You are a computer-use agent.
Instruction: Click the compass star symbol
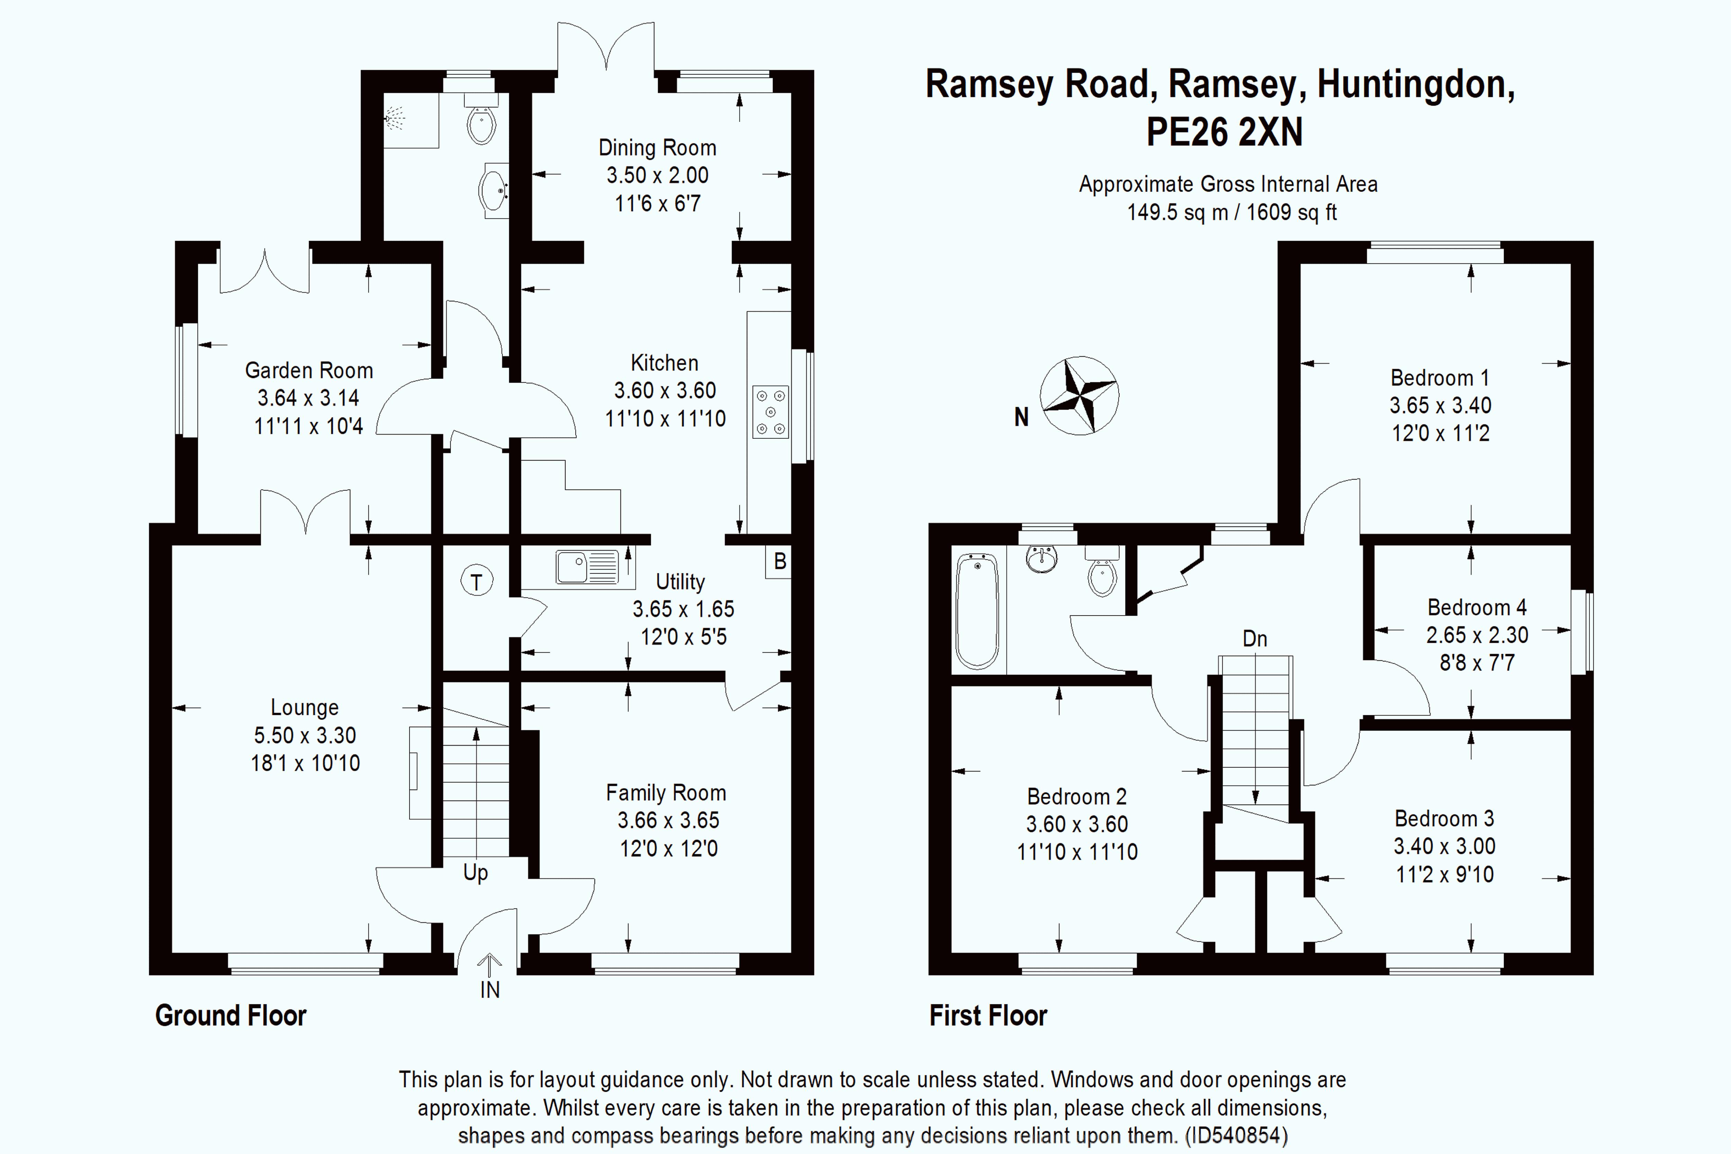[1079, 395]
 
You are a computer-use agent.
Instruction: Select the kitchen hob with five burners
[770, 412]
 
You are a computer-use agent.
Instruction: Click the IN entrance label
[490, 990]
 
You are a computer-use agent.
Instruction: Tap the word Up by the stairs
[475, 873]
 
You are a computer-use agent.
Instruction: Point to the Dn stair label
[1255, 639]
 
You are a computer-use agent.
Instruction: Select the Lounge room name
[305, 707]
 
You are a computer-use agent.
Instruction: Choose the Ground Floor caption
[230, 1016]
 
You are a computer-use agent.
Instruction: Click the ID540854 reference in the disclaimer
[1236, 1135]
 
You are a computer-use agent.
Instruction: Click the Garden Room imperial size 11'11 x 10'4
[308, 426]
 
